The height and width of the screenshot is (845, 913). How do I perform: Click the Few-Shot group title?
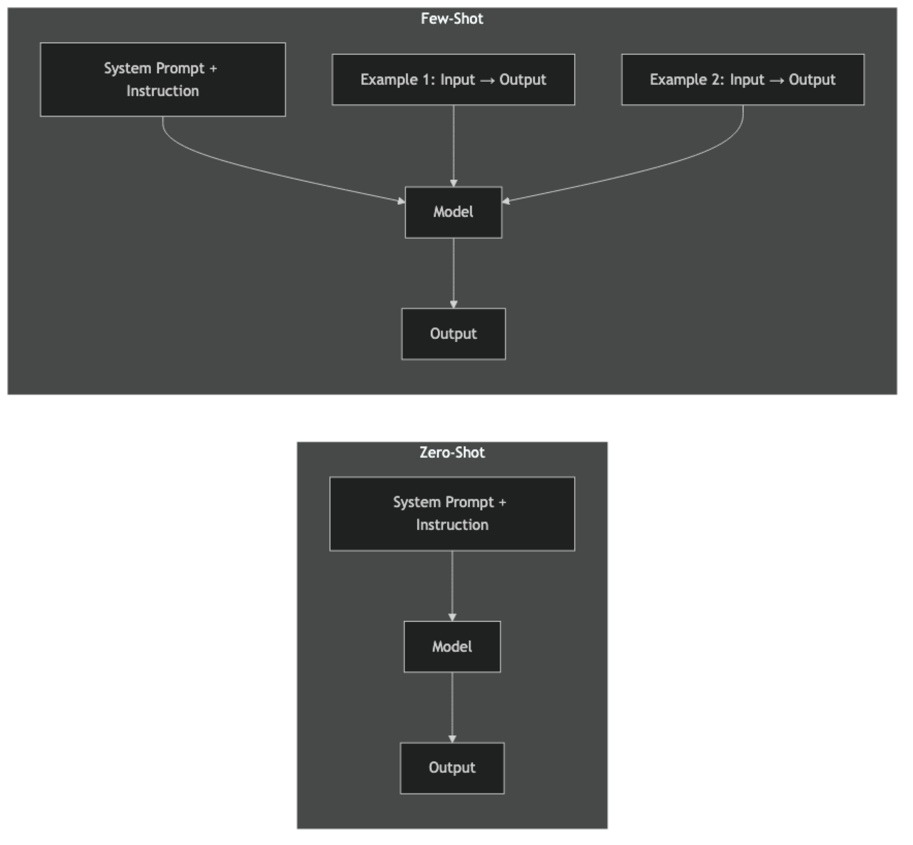(452, 19)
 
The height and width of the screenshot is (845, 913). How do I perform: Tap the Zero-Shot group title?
(452, 453)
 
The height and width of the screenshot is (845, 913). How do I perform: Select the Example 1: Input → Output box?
(453, 80)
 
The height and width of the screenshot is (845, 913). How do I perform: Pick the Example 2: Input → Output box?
(742, 80)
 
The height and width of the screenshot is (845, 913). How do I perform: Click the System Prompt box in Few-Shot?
(163, 80)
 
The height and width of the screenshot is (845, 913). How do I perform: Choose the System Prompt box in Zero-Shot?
(452, 514)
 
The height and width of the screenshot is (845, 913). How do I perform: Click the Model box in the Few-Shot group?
(453, 212)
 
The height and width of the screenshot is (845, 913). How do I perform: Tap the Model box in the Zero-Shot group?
(452, 647)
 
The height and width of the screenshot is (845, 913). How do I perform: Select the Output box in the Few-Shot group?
(453, 334)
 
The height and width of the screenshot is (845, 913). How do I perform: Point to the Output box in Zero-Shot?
(452, 768)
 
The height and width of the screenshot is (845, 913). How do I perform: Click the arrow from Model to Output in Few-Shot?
(453, 273)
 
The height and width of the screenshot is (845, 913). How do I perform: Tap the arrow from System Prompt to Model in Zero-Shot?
(452, 586)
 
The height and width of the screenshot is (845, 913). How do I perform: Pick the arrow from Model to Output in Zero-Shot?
(452, 707)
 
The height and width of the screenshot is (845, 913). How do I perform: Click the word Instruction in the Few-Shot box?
(163, 91)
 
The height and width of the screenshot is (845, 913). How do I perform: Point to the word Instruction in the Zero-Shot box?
(452, 525)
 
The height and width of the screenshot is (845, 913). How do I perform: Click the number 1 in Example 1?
(427, 80)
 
